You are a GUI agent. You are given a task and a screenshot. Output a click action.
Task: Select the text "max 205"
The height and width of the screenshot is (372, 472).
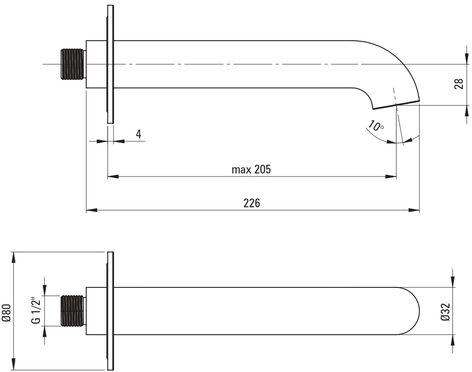coord(251,170)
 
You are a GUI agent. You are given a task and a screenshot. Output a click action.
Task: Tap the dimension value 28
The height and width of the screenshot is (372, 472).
coord(459,84)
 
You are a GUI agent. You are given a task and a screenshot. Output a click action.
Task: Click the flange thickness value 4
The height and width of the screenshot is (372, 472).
coord(138,134)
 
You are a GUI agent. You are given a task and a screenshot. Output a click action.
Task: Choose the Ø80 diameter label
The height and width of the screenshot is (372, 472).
coord(7,313)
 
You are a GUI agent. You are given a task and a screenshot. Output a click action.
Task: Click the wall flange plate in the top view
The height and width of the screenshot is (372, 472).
coord(111,64)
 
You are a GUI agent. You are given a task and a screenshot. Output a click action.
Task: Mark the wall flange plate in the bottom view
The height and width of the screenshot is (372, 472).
coord(111,311)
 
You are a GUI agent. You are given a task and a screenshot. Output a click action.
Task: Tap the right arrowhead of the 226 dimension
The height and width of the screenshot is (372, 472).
coord(414,210)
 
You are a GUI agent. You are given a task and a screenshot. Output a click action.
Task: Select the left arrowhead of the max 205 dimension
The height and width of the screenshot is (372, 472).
coord(113,176)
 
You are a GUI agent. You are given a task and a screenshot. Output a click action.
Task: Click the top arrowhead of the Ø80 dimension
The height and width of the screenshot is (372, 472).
coord(13,258)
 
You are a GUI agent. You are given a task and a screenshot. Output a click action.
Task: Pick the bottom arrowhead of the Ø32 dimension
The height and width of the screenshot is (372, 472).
coord(452,340)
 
